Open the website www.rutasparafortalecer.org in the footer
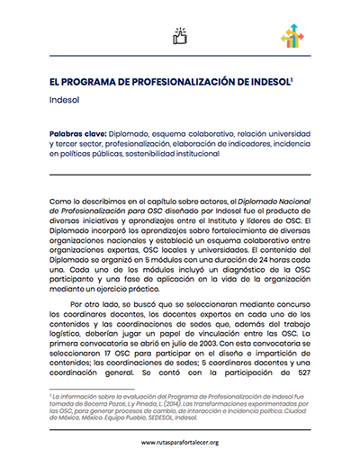click(179, 444)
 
